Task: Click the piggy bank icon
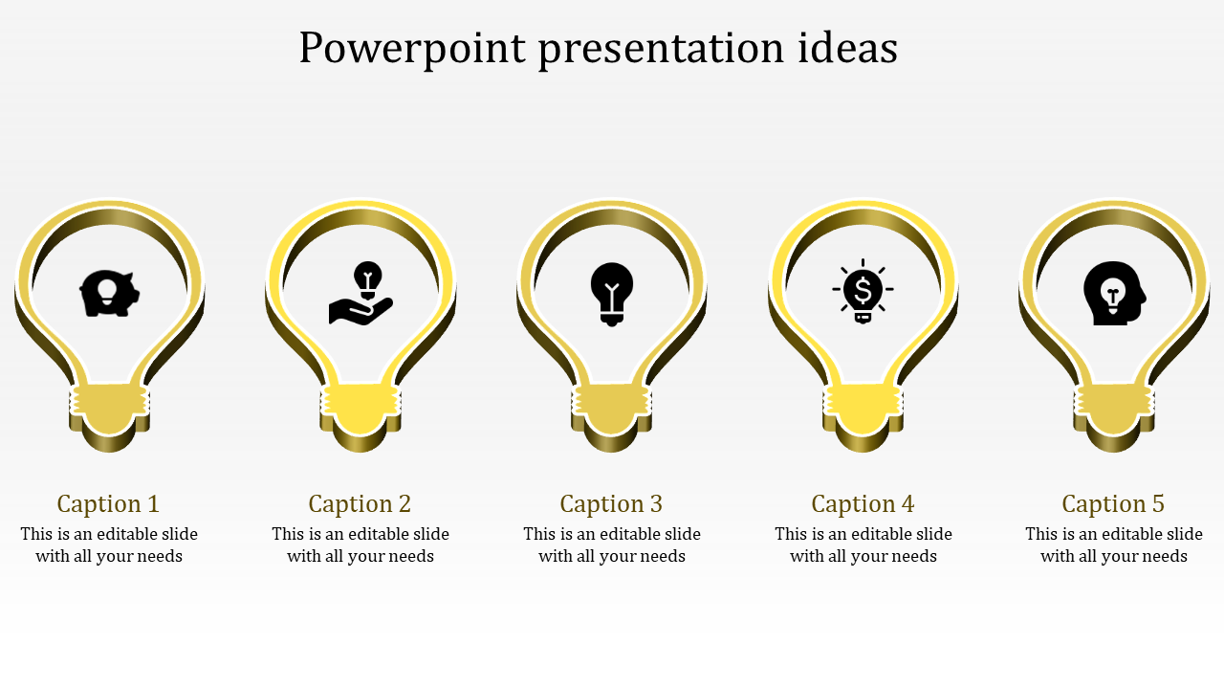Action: (x=109, y=293)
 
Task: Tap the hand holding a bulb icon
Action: (x=361, y=294)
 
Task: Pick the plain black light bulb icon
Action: (x=612, y=293)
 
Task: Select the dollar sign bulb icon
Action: (x=863, y=291)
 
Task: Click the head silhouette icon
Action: (x=1113, y=293)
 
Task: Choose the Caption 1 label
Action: (x=108, y=503)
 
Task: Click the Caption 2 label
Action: (x=360, y=503)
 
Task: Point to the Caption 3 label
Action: (x=611, y=503)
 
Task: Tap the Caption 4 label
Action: (x=863, y=503)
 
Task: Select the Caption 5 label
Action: (x=1113, y=503)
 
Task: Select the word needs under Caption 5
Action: (x=1163, y=556)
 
